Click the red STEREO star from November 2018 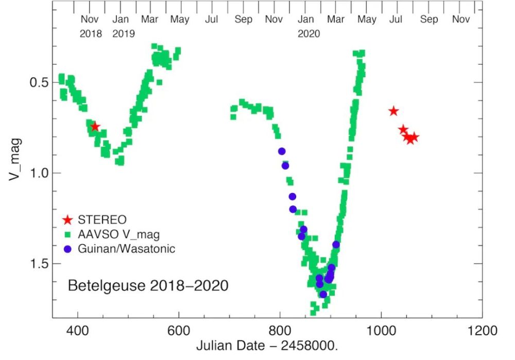pyautogui.click(x=95, y=127)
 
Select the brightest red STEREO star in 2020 pyautogui.click(x=393, y=111)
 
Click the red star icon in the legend pyautogui.click(x=67, y=220)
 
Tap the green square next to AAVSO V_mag pyautogui.click(x=67, y=235)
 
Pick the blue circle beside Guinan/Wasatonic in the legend pyautogui.click(x=67, y=249)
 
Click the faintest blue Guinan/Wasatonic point pyautogui.click(x=323, y=294)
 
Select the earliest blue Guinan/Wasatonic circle pyautogui.click(x=282, y=151)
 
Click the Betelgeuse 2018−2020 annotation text pyautogui.click(x=148, y=285)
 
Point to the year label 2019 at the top pyautogui.click(x=124, y=34)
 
